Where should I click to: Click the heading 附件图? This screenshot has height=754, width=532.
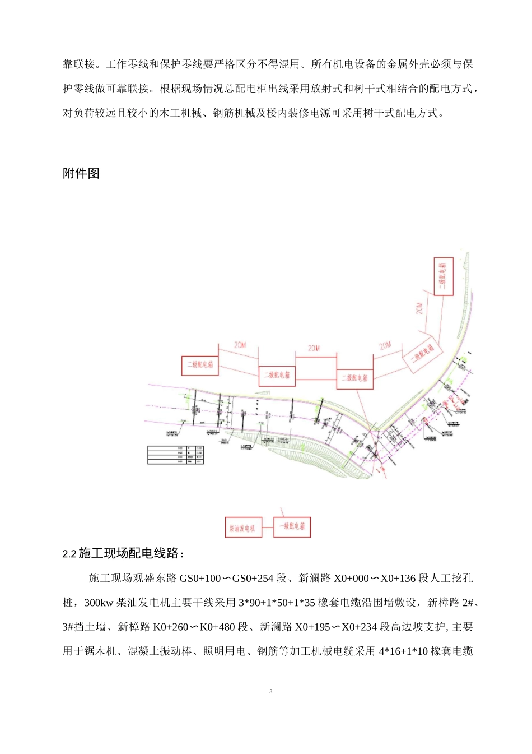tap(81, 173)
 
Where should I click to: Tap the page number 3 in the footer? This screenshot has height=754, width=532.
tap(271, 691)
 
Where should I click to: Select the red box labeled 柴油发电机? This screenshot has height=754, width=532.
tap(243, 528)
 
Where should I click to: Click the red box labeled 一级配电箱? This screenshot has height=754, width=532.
tap(292, 527)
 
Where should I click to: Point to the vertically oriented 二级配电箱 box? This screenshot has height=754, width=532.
tap(443, 276)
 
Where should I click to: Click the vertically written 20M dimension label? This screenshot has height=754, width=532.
tap(419, 308)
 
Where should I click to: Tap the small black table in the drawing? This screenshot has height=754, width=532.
tap(175, 455)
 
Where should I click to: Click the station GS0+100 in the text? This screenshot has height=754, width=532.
tap(200, 579)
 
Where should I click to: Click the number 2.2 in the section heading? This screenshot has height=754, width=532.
tap(69, 554)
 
